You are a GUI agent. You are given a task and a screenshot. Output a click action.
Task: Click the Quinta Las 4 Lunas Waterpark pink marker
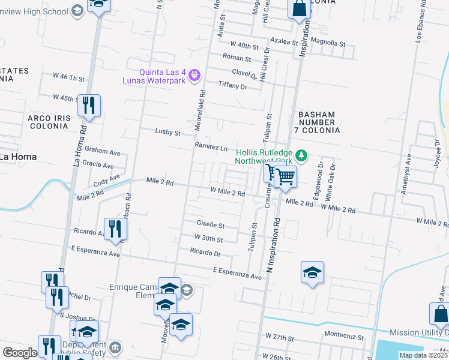tap(193, 75)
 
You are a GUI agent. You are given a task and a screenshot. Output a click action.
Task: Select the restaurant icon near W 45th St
tap(89, 106)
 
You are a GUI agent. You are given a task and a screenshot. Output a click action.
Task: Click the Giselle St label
tap(211, 226)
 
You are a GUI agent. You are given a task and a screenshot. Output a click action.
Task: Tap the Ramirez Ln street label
tap(211, 147)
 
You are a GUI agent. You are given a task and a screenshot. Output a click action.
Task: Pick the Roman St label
tap(237, 58)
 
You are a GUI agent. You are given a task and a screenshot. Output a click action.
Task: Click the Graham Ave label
tap(99, 149)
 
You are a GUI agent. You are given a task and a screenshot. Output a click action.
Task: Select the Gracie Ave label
tap(99, 165)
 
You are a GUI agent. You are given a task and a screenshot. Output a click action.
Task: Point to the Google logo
tap(20, 353)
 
